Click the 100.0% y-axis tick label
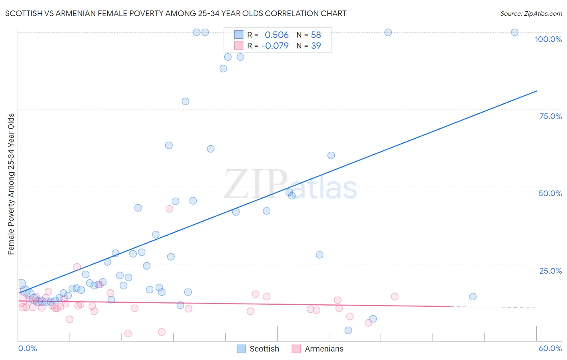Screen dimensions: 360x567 pyautogui.click(x=548, y=39)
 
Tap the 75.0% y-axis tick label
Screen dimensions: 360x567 pyautogui.click(x=550, y=116)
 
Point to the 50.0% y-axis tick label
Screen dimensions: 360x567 pyautogui.click(x=550, y=193)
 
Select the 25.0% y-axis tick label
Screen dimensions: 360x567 pyautogui.click(x=550, y=271)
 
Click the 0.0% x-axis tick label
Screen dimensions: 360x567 pyautogui.click(x=27, y=348)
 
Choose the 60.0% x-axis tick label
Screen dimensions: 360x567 pyautogui.click(x=550, y=348)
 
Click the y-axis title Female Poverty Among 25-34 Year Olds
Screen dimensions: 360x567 pyautogui.click(x=11, y=184)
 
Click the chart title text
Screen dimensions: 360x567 pyautogui.click(x=176, y=13)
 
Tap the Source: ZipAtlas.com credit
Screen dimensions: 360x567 pyautogui.click(x=531, y=13)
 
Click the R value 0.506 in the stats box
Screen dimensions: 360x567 pyautogui.click(x=277, y=35)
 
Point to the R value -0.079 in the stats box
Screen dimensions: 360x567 pyautogui.click(x=275, y=46)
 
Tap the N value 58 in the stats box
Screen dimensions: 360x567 pyautogui.click(x=316, y=35)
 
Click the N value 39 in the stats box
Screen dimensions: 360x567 pyautogui.click(x=316, y=46)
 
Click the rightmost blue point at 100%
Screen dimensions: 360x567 pyautogui.click(x=515, y=32)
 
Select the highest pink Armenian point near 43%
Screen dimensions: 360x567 pyautogui.click(x=169, y=209)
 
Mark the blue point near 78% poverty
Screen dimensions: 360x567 pyautogui.click(x=186, y=101)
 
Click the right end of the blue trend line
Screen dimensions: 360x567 pyautogui.click(x=536, y=91)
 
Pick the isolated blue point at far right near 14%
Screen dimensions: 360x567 pyautogui.click(x=473, y=297)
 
